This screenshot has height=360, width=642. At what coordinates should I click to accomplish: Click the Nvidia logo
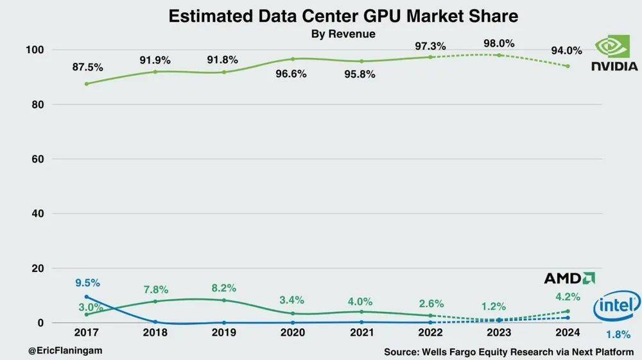pyautogui.click(x=614, y=54)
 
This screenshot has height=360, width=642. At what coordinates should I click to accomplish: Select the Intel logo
pyautogui.click(x=618, y=307)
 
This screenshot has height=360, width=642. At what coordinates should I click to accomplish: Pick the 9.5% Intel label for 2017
pyautogui.click(x=87, y=283)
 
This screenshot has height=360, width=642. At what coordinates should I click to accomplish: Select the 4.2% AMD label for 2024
pyautogui.click(x=567, y=296)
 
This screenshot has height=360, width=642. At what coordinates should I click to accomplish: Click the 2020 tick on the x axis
pyautogui.click(x=293, y=333)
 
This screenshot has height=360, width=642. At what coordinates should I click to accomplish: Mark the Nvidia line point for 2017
pyautogui.click(x=87, y=83)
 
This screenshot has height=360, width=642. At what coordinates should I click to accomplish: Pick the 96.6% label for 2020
pyautogui.click(x=293, y=73)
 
